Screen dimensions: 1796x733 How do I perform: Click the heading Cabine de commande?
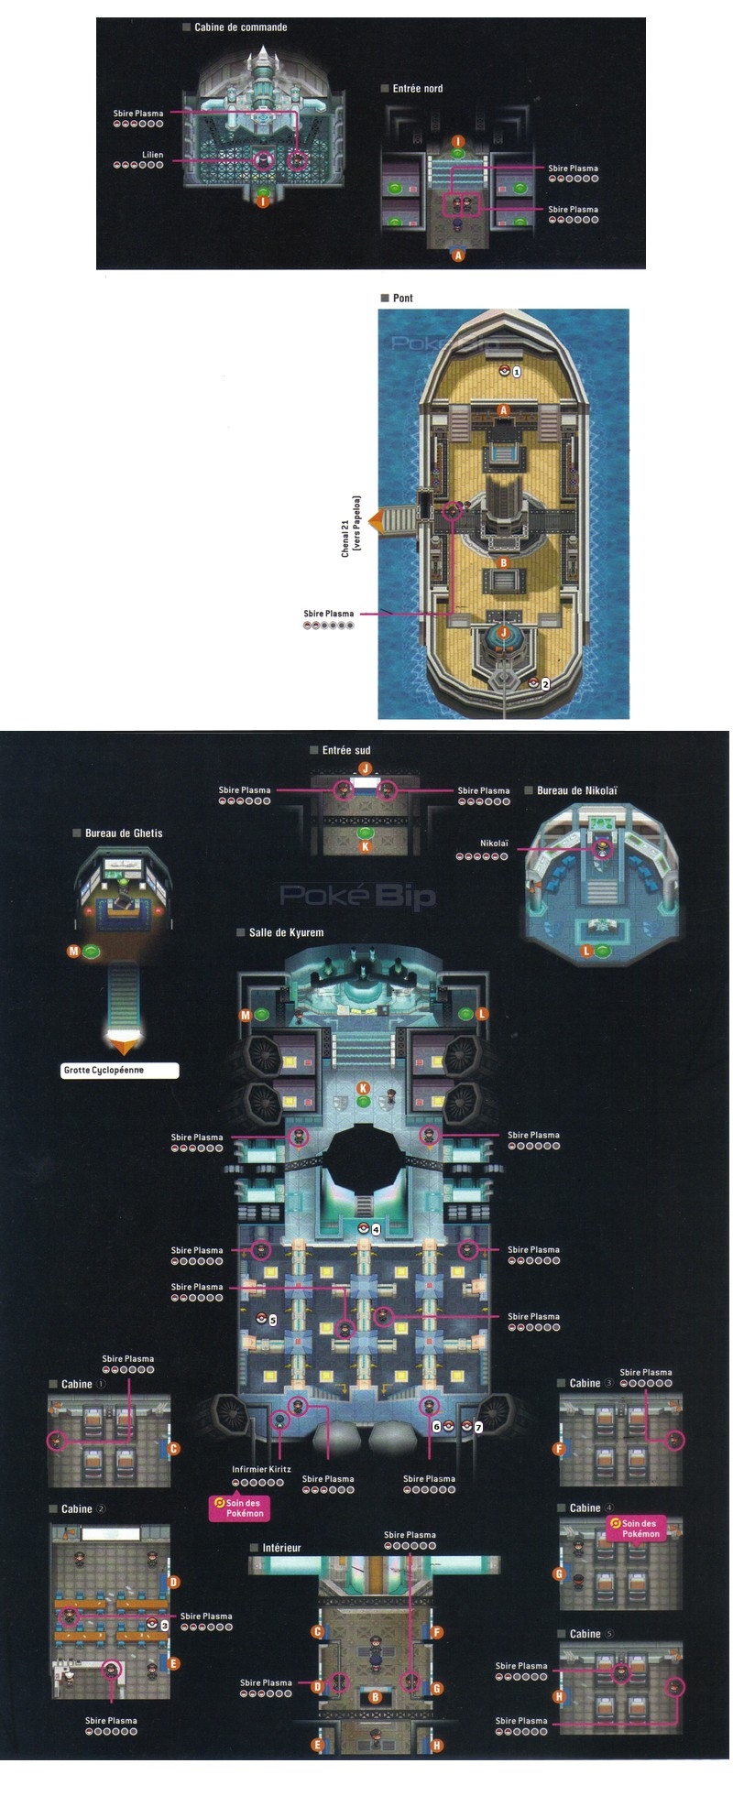click(240, 27)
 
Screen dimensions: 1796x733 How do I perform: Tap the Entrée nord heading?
click(417, 89)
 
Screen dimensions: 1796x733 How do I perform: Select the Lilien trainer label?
click(152, 155)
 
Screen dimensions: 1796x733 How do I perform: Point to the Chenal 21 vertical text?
click(351, 526)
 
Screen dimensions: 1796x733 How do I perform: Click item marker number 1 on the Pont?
click(517, 372)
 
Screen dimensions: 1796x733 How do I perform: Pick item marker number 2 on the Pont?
click(545, 684)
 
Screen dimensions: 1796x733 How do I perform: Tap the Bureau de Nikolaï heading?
click(576, 790)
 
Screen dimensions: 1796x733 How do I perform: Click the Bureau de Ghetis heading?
click(123, 833)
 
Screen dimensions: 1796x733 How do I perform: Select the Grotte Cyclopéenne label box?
click(120, 1070)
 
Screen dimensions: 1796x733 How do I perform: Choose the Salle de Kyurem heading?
click(286, 932)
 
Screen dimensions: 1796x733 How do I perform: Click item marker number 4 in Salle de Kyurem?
click(376, 1229)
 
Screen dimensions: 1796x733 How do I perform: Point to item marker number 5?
click(273, 1320)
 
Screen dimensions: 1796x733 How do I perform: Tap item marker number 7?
click(478, 1427)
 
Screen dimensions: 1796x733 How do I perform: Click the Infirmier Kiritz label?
click(261, 1469)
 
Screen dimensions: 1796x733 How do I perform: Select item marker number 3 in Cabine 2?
click(164, 1625)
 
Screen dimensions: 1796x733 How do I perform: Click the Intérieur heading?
click(281, 1547)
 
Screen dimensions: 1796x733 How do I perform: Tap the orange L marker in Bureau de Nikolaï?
click(587, 952)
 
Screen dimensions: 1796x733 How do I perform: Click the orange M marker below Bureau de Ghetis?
click(74, 952)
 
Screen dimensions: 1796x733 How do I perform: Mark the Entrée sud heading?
click(345, 750)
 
